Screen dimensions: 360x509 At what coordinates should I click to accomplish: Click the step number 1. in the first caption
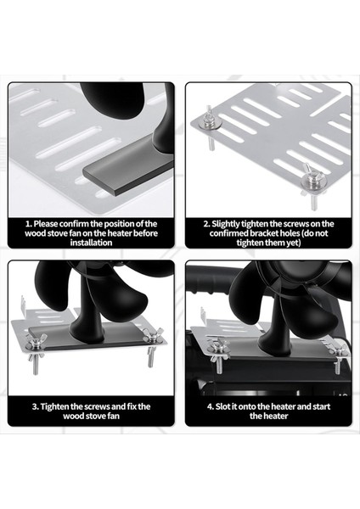(29, 224)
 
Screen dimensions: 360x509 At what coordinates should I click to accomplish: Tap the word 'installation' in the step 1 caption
(91, 243)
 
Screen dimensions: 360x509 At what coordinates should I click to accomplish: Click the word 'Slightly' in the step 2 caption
(226, 224)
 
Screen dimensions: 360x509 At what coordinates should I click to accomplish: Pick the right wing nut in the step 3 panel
(153, 335)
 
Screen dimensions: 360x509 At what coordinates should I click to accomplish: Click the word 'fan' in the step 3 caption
(114, 417)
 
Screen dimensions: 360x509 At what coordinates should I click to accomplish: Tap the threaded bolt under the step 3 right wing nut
(150, 356)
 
